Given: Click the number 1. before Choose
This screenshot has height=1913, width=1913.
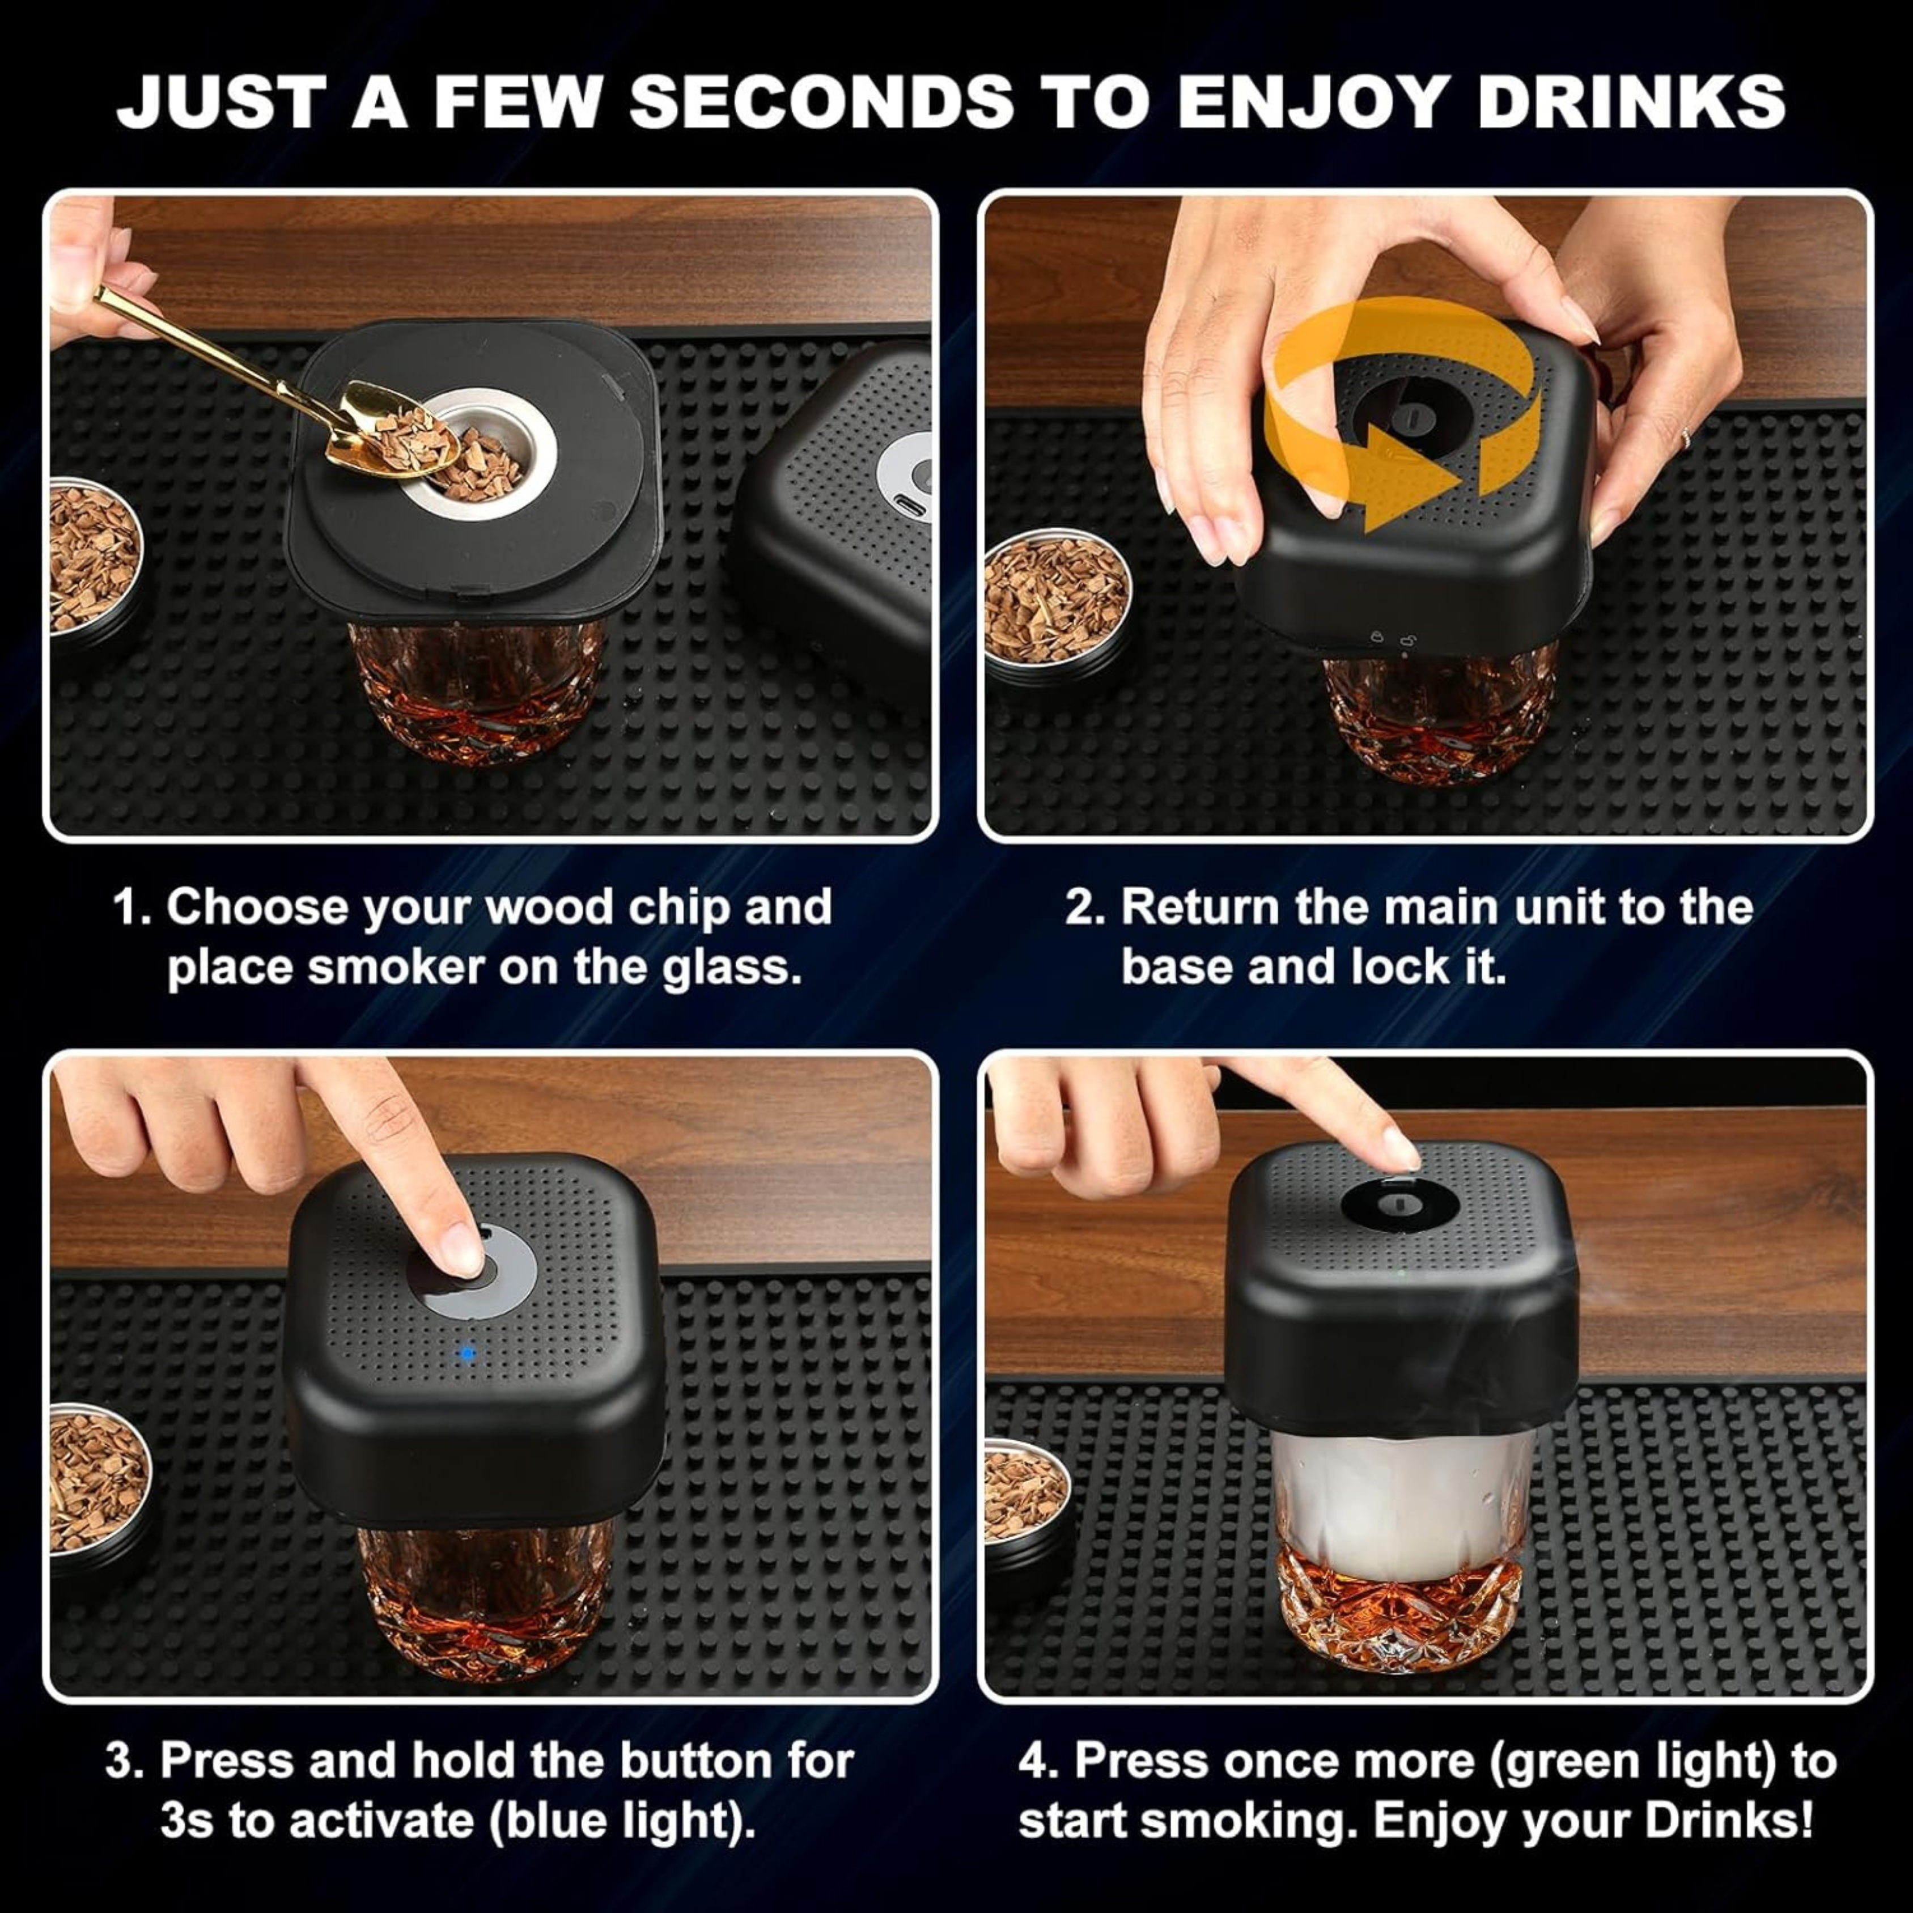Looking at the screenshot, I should coord(132,908).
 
